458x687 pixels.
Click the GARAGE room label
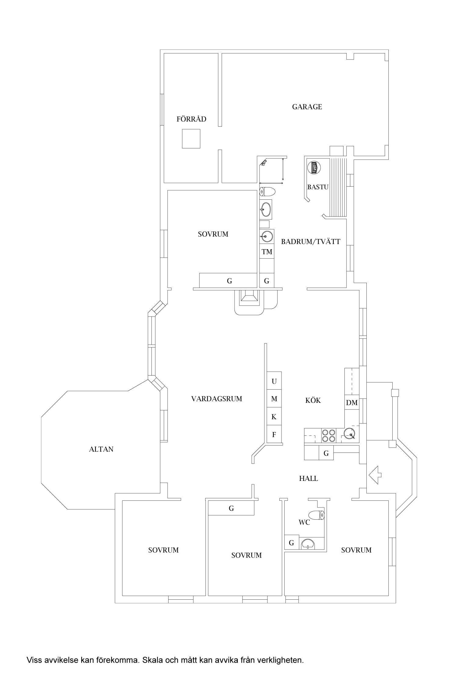[307, 107]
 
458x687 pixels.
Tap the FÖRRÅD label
[191, 119]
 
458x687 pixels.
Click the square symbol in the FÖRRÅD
[191, 139]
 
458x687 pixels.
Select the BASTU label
[318, 187]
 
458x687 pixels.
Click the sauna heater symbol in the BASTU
[314, 168]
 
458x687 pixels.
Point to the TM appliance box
[267, 252]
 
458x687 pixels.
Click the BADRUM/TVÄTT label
[311, 242]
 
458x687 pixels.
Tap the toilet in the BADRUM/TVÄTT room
[267, 192]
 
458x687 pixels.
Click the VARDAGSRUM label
[216, 399]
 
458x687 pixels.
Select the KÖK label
[313, 400]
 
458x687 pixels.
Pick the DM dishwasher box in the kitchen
[352, 403]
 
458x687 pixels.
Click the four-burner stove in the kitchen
[328, 435]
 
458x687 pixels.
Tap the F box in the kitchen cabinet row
[274, 434]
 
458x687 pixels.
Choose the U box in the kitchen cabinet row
[274, 381]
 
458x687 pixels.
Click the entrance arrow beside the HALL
[375, 475]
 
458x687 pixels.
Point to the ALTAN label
[101, 449]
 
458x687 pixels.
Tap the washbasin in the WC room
[308, 544]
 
